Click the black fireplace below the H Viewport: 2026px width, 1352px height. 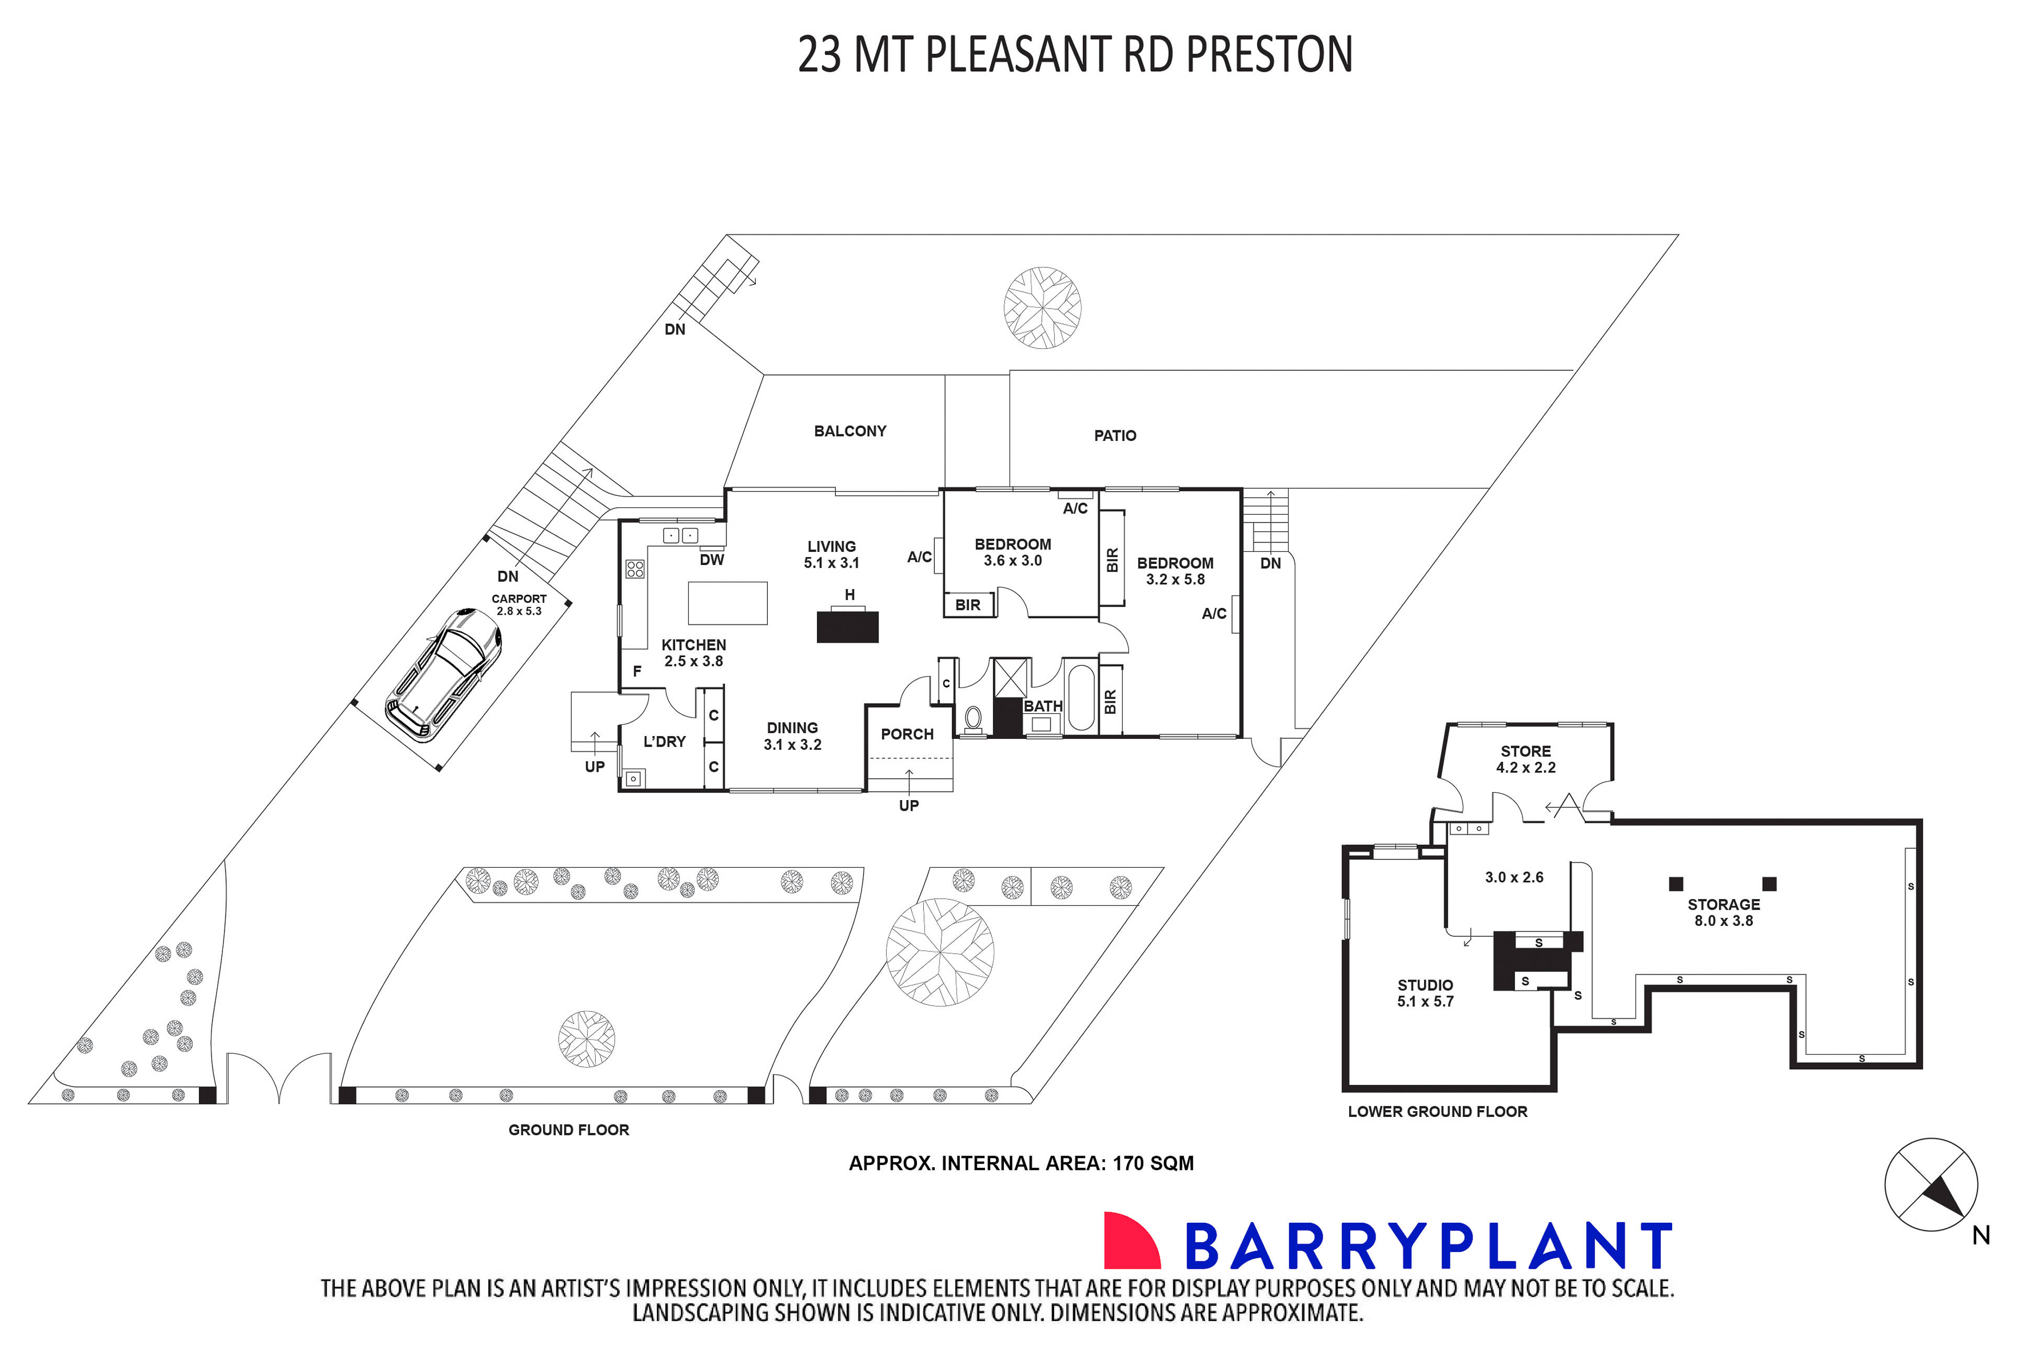(847, 626)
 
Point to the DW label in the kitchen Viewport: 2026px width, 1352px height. (712, 560)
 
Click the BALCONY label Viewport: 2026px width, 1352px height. (849, 431)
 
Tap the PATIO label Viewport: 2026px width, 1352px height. (1114, 436)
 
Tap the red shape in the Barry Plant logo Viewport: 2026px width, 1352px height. (1130, 1241)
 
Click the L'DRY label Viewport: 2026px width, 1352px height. (664, 741)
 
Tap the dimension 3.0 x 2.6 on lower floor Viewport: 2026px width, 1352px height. (1513, 878)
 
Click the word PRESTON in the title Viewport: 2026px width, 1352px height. (1269, 54)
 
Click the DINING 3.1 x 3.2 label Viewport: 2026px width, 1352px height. (792, 736)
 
